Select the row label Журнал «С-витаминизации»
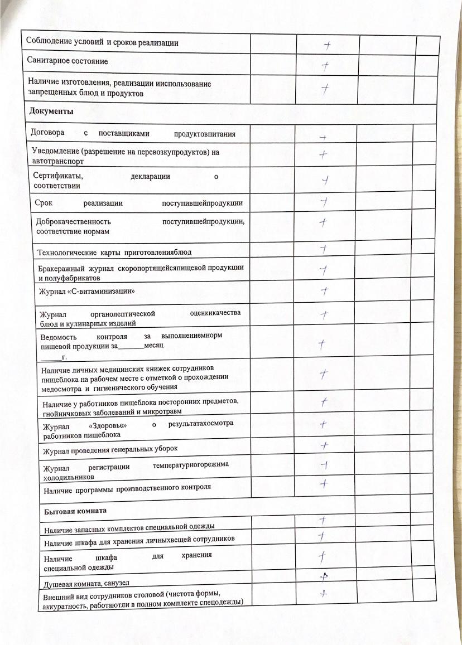87,291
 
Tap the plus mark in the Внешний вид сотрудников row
323,594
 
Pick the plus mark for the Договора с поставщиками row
323,137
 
